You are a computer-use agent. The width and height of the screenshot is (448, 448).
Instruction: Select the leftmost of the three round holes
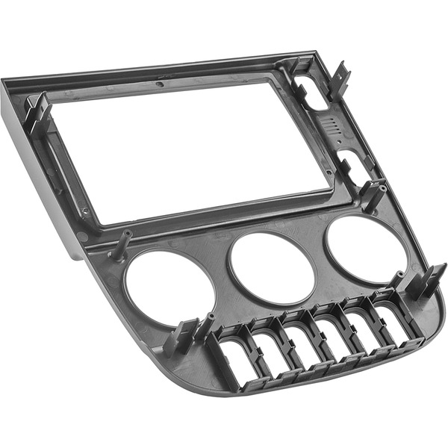(169, 287)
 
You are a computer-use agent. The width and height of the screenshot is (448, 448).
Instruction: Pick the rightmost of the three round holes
(365, 248)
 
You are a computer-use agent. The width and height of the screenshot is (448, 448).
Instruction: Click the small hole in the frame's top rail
(161, 84)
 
